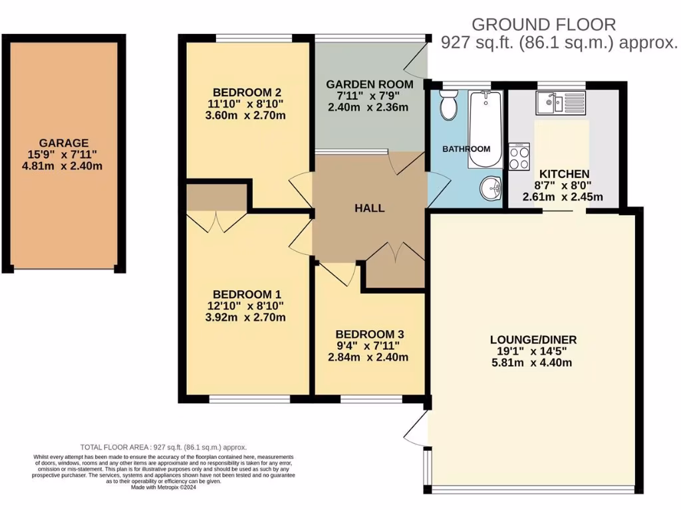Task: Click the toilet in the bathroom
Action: [448, 106]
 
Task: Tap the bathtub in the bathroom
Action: [484, 129]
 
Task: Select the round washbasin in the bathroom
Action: [491, 189]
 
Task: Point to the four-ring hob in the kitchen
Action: [519, 157]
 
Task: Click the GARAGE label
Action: [64, 143]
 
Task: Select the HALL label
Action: [369, 208]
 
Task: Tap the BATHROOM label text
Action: [466, 149]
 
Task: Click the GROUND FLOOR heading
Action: [543, 25]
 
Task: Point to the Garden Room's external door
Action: [415, 62]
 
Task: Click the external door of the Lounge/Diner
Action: [415, 430]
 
